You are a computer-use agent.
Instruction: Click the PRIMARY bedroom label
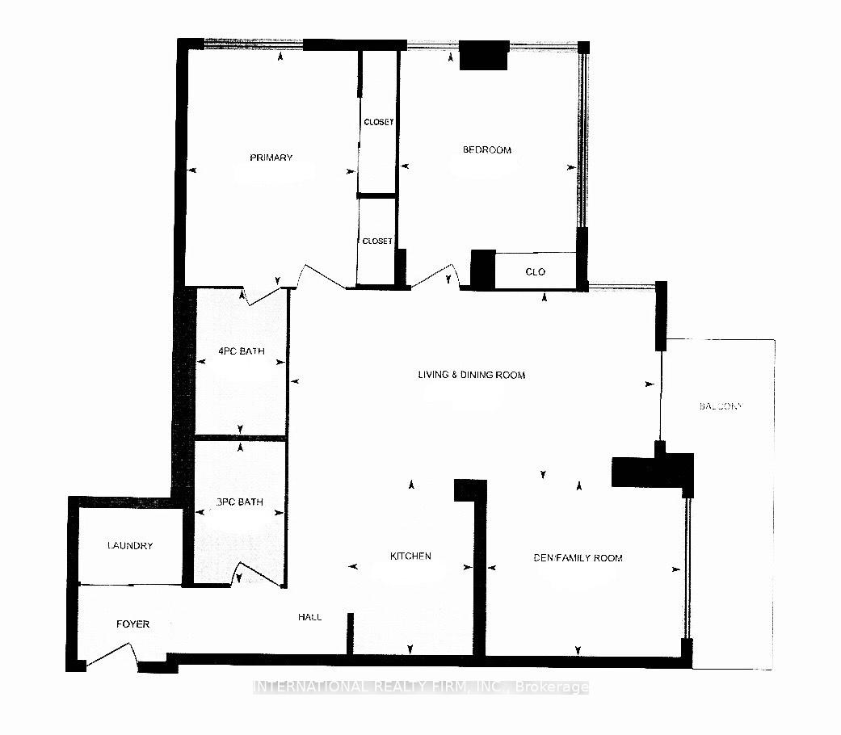pyautogui.click(x=271, y=157)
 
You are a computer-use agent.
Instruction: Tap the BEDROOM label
pyautogui.click(x=486, y=149)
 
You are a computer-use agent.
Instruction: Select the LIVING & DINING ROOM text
pyautogui.click(x=471, y=375)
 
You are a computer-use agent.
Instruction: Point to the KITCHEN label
pyautogui.click(x=410, y=556)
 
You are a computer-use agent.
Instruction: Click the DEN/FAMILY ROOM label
pyautogui.click(x=578, y=558)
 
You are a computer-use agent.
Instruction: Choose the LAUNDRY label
pyautogui.click(x=130, y=546)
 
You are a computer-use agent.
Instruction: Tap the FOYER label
pyautogui.click(x=132, y=624)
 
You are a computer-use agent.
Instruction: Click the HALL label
pyautogui.click(x=309, y=617)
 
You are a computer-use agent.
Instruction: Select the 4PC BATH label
pyautogui.click(x=242, y=351)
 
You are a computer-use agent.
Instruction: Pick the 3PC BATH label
pyautogui.click(x=240, y=502)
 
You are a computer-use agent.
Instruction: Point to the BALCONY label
pyautogui.click(x=720, y=406)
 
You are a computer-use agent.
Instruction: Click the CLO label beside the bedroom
pyautogui.click(x=535, y=272)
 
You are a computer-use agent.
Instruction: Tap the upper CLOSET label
pyautogui.click(x=378, y=122)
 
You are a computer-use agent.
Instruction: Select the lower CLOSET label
pyautogui.click(x=377, y=241)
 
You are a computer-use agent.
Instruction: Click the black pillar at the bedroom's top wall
pyautogui.click(x=484, y=55)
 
